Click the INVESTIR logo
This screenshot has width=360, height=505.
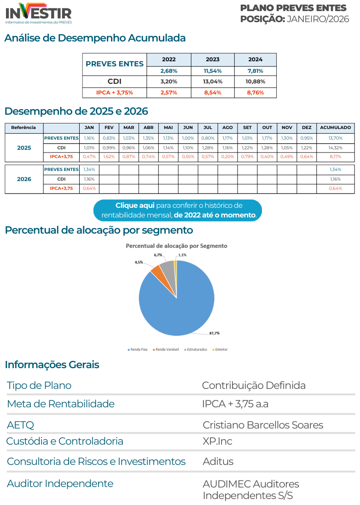tap(39, 13)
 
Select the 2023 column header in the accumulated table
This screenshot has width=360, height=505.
tap(213, 59)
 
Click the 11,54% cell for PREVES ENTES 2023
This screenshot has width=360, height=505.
tap(213, 71)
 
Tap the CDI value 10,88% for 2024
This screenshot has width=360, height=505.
tap(255, 82)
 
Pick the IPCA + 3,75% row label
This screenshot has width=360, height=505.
tap(115, 93)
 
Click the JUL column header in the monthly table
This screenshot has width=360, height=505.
tap(208, 127)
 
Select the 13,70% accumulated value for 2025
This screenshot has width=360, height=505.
tap(335, 138)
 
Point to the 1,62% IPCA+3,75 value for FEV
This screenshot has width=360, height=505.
tap(109, 157)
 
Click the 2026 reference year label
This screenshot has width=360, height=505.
tap(24, 179)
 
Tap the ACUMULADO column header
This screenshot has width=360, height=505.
tap(335, 127)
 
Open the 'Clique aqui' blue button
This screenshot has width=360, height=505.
tap(178, 210)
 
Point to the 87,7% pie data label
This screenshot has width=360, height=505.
tap(214, 333)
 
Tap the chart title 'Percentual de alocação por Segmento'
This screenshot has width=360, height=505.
tap(176, 246)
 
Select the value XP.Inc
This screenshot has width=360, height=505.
tap(217, 441)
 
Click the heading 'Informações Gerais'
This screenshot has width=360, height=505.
tap(52, 364)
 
